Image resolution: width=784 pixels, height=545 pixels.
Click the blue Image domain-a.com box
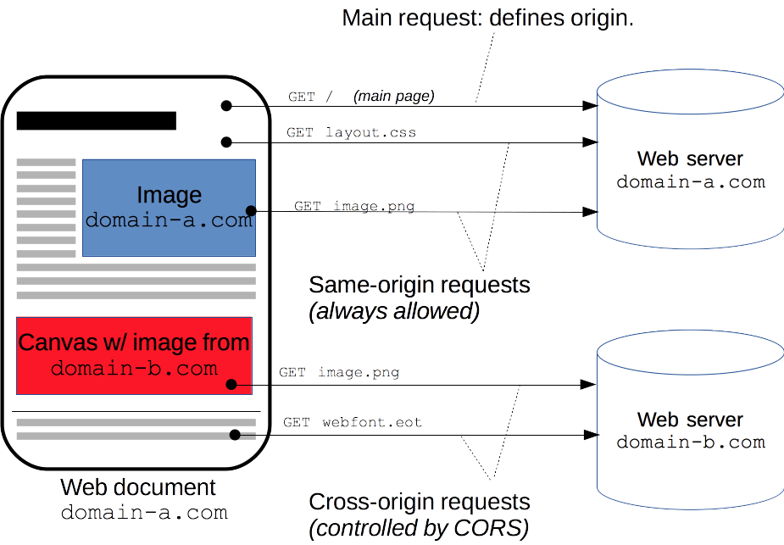[x=169, y=208]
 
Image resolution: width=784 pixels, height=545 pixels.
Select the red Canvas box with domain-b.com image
[x=134, y=355]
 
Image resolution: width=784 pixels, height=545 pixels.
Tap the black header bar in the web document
[x=96, y=120]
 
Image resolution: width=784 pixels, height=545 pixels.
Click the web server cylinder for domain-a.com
[x=690, y=170]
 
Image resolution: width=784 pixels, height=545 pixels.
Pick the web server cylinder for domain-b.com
[x=690, y=430]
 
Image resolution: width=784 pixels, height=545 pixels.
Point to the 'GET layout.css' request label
[x=351, y=133]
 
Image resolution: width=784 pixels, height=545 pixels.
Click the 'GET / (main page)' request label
[x=361, y=97]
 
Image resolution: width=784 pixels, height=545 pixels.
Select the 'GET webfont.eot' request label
[x=353, y=422]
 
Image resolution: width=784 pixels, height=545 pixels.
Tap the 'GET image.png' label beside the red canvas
[x=339, y=373]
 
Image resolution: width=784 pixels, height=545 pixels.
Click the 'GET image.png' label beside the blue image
[x=354, y=207]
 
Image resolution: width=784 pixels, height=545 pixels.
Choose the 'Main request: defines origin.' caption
[x=487, y=19]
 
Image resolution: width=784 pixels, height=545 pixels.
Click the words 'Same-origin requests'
[x=420, y=285]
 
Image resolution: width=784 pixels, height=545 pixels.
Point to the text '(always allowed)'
[x=395, y=311]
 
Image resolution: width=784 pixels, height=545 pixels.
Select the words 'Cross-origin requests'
[x=420, y=502]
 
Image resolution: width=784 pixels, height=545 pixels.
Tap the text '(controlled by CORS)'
[x=419, y=529]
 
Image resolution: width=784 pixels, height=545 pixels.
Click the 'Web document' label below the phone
[x=138, y=488]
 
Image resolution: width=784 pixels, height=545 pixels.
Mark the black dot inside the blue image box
[x=250, y=210]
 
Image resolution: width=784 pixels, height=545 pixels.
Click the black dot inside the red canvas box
[x=231, y=385]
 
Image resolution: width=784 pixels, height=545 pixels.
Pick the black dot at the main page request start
[x=226, y=106]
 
